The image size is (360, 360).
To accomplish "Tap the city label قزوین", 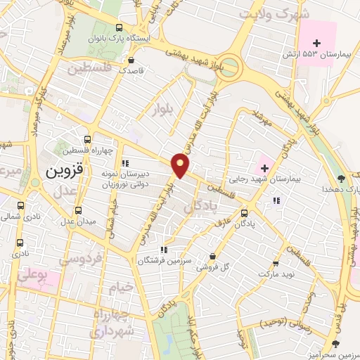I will click(x=64, y=170).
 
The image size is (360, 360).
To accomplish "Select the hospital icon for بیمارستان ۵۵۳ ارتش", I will click(x=316, y=44).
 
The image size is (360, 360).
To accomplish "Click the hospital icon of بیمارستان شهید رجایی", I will click(x=264, y=168).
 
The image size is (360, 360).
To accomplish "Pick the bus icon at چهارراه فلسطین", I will click(x=87, y=140).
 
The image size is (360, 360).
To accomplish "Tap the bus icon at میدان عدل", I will click(x=79, y=210).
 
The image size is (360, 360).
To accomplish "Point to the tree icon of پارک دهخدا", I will click(x=341, y=179).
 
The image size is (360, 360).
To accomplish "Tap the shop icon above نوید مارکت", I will click(x=275, y=264).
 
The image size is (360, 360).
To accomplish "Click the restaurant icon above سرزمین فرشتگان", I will click(x=163, y=250).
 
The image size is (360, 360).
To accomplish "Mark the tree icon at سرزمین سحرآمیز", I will click(x=335, y=342).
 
